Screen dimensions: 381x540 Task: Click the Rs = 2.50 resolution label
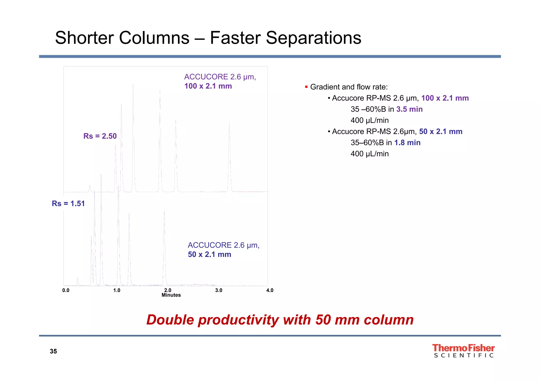[x=100, y=136]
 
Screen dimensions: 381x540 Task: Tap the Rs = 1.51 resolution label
[x=68, y=203]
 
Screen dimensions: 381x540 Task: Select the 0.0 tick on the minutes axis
[x=66, y=290]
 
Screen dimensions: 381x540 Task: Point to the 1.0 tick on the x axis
[x=117, y=290]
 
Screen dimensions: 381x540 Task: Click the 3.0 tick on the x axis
[x=219, y=290]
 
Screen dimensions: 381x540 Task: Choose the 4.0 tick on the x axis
[x=270, y=290]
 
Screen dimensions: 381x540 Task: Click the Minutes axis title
[x=171, y=295]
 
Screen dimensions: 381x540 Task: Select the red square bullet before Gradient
[x=306, y=87]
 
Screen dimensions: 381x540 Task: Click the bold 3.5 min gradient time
[x=409, y=109]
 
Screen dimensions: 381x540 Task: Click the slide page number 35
[x=53, y=351]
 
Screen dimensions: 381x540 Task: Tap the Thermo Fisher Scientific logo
[x=463, y=351]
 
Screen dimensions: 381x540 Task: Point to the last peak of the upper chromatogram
[x=229, y=158]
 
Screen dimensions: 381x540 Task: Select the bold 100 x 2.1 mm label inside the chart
[x=208, y=86]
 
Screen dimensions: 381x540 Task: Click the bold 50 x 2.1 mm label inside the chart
[x=209, y=254]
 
